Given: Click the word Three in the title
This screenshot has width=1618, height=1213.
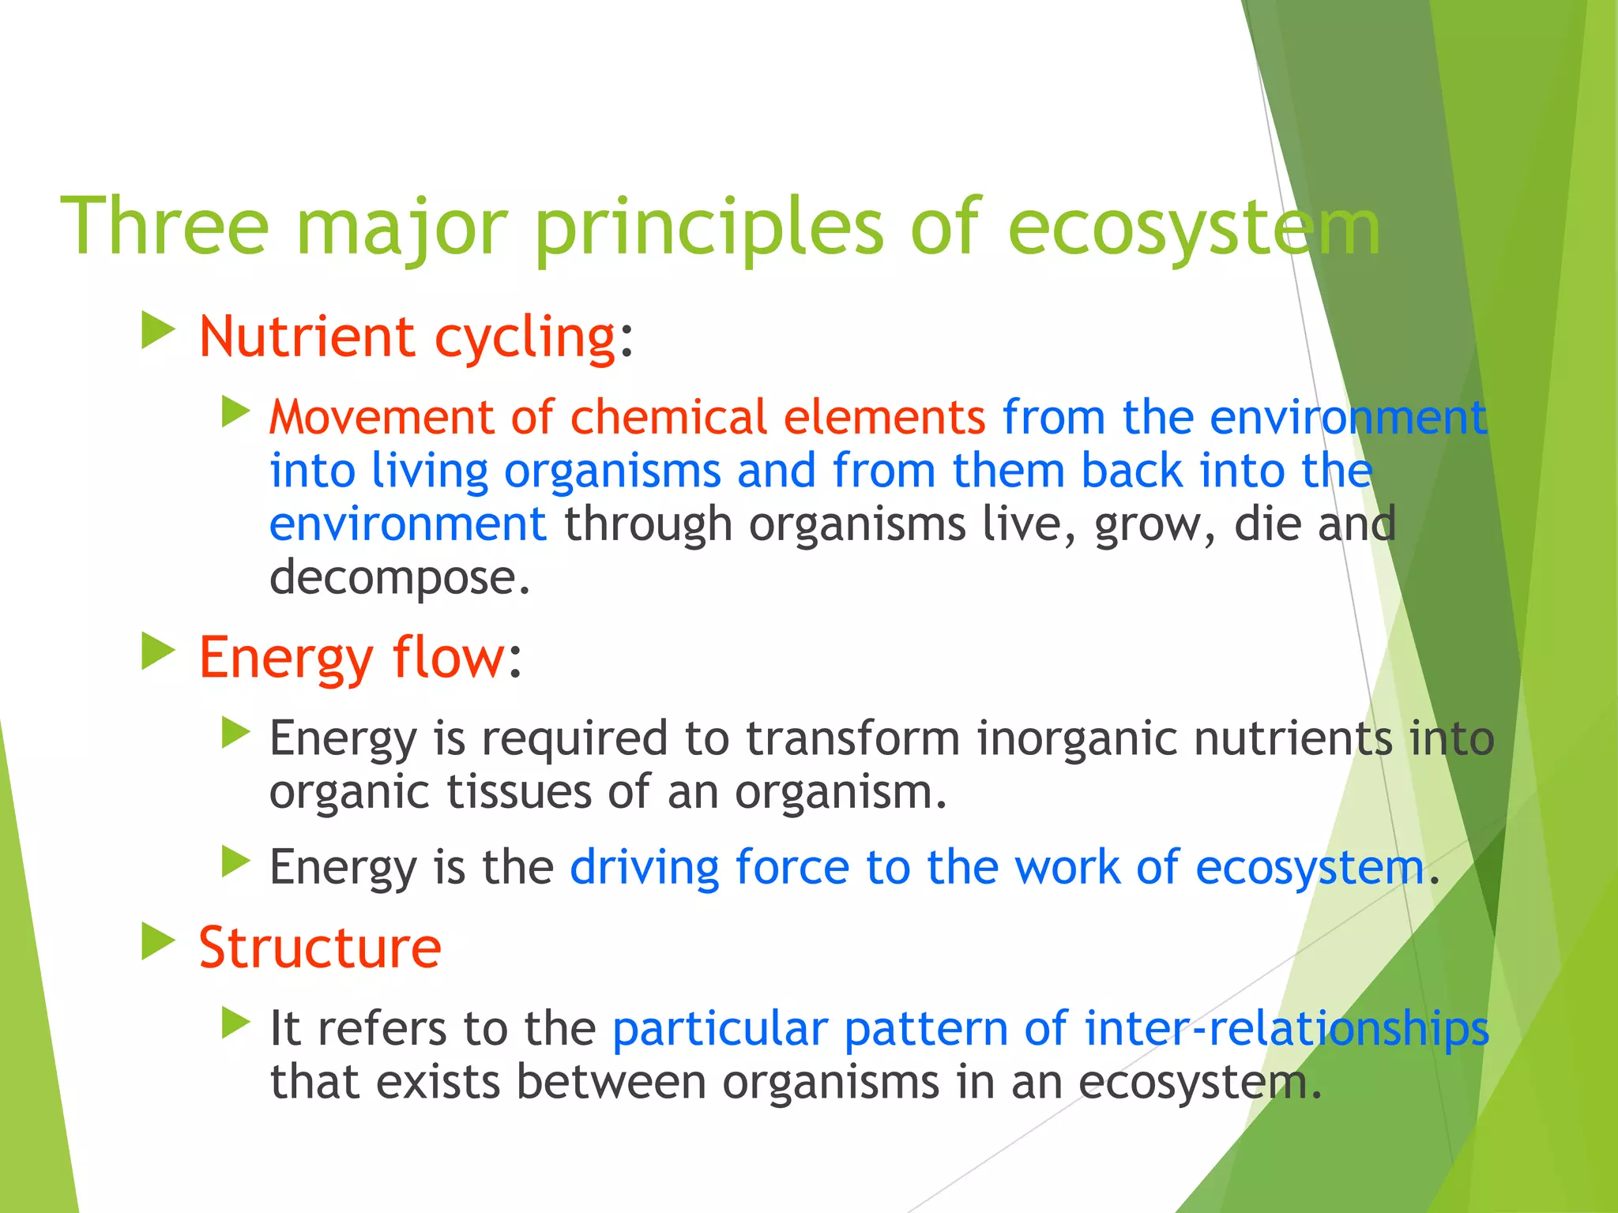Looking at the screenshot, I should click(164, 227).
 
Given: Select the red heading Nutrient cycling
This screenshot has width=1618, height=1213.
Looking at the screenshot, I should click(407, 337).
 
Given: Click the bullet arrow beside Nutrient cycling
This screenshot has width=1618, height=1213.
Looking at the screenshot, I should click(157, 331).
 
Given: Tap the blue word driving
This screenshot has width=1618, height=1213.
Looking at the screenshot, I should click(644, 868).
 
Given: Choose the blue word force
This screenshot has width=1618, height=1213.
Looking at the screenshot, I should click(792, 867).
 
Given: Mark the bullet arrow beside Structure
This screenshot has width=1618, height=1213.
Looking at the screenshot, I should click(157, 941).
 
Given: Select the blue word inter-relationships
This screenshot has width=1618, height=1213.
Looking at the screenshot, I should click(1286, 1029).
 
